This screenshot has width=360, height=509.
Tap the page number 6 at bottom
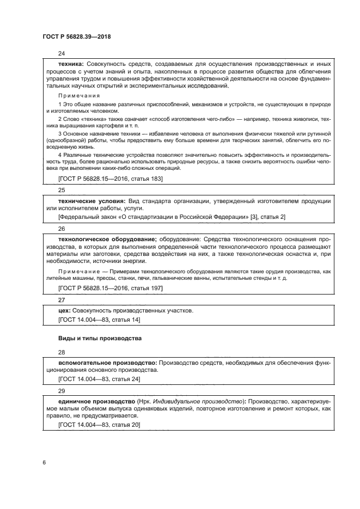click(44, 462)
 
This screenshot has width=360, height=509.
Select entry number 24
click(62, 53)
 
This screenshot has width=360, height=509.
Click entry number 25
click(62, 191)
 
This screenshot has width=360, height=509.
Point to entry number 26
click(62, 229)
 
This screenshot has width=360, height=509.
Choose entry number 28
click(62, 352)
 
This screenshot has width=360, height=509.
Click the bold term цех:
click(65, 310)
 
